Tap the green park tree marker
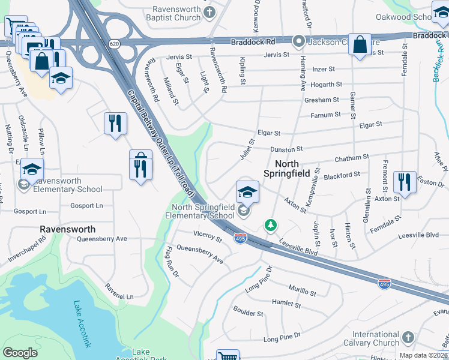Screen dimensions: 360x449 point(271,225)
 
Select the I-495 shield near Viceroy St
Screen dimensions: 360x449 point(240,239)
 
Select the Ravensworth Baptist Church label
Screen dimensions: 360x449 point(167,14)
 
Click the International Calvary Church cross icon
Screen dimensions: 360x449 point(408,338)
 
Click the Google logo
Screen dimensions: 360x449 point(20,353)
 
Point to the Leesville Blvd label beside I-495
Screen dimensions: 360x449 point(298,245)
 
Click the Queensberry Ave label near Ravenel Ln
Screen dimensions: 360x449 point(102,238)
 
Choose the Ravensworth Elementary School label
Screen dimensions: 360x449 point(67,185)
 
